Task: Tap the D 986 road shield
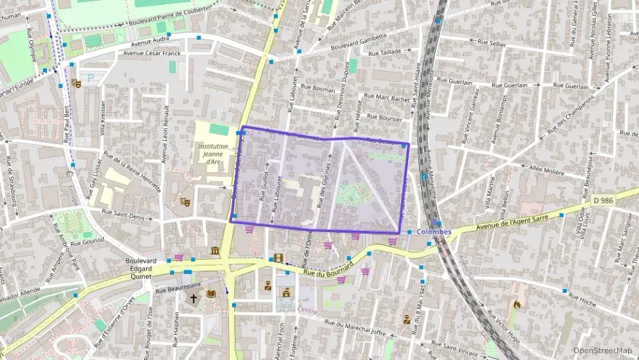click(603, 200)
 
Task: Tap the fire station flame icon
click(517, 305)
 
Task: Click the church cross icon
click(194, 299)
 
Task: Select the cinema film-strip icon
click(277, 258)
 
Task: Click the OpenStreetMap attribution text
click(602, 350)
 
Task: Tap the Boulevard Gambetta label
click(359, 41)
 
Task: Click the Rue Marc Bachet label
click(386, 98)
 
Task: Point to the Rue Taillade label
click(384, 52)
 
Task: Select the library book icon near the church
click(211, 294)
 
